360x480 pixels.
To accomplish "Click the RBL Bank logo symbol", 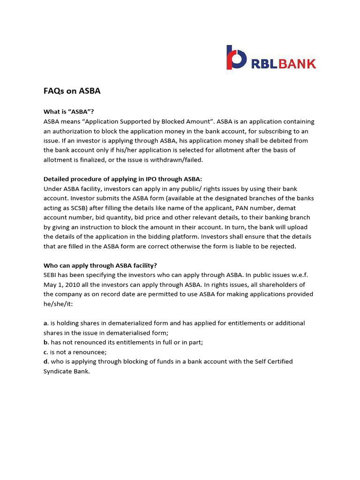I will coord(236,59).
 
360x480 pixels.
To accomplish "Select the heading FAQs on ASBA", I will coord(72,91).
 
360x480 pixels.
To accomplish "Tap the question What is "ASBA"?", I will coord(68,112).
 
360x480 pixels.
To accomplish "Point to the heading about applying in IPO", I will coord(122,179).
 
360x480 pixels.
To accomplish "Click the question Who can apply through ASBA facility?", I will coord(100,265).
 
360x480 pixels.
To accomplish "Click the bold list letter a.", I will coord(45,323).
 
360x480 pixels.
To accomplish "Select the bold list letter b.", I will coord(45,342).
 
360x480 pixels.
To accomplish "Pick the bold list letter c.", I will coord(45,352).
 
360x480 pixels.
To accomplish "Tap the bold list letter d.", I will coord(45,361).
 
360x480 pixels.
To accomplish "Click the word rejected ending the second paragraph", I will coord(283,246).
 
